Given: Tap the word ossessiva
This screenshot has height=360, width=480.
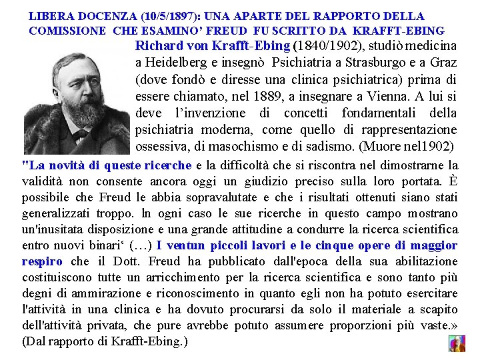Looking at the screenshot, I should point(163,146).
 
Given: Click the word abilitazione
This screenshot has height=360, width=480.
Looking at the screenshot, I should point(423,261).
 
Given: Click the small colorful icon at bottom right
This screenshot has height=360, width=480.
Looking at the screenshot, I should point(457,343).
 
